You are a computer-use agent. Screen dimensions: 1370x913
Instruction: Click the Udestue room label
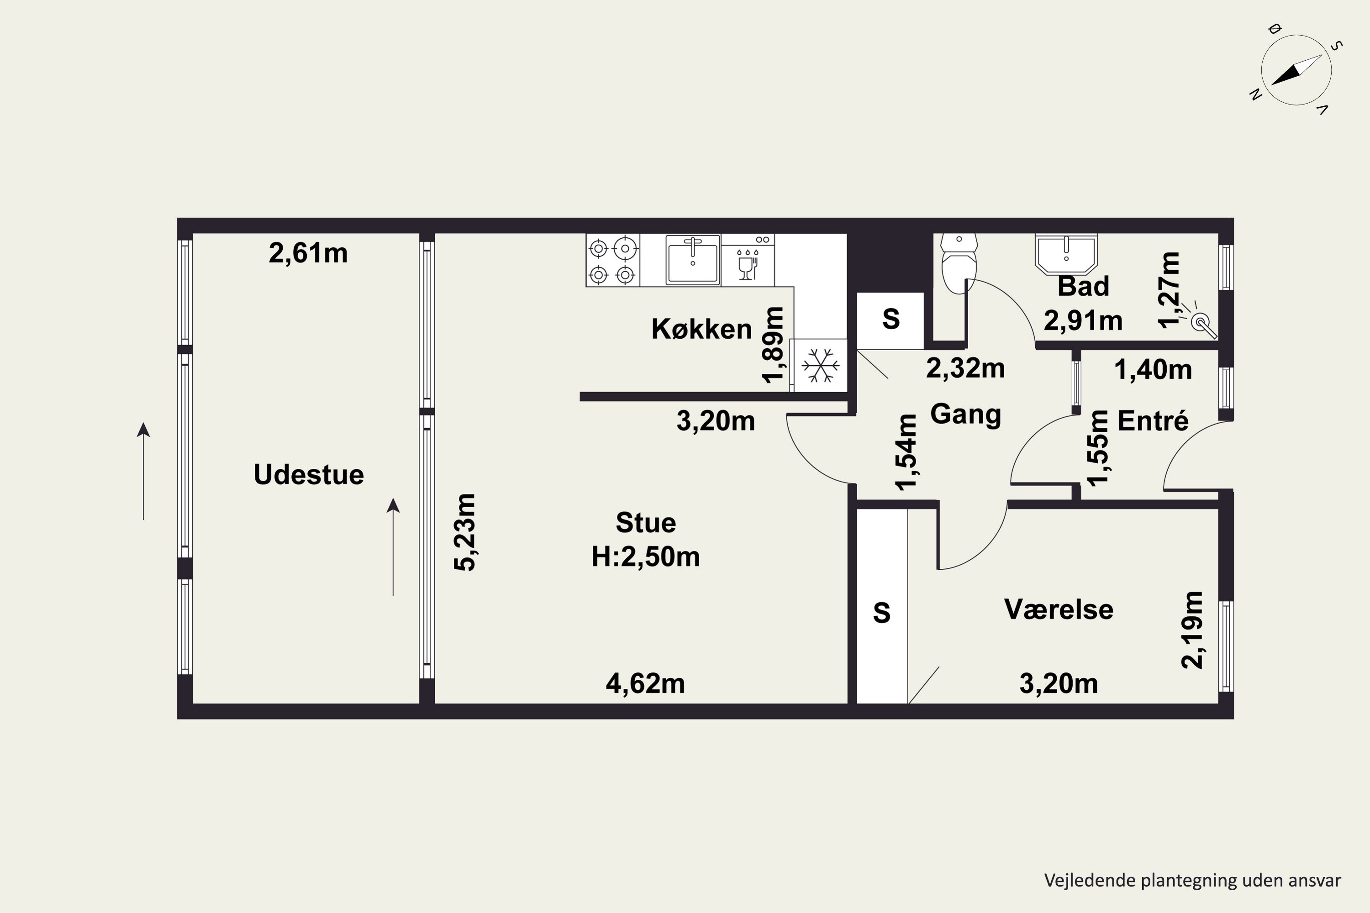(309, 475)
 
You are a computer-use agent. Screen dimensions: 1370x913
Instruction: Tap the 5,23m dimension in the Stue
(465, 532)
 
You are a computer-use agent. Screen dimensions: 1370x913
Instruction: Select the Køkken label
(701, 329)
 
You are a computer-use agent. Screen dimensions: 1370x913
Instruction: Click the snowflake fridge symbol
(820, 366)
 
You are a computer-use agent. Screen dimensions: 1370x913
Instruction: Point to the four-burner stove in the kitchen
(613, 260)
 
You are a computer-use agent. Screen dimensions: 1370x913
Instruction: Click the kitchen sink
(693, 260)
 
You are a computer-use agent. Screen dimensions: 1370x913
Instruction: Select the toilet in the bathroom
(959, 263)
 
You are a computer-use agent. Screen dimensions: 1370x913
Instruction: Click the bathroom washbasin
(1066, 254)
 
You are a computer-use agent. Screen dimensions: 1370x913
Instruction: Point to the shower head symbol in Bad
(1202, 323)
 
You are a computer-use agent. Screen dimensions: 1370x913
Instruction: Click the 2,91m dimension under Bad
(1083, 320)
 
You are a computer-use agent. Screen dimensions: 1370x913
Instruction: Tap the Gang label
(966, 415)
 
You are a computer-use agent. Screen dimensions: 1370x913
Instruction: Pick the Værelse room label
(1059, 609)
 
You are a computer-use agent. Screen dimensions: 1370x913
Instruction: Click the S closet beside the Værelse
(882, 606)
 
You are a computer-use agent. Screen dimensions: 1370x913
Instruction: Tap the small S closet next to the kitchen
(890, 321)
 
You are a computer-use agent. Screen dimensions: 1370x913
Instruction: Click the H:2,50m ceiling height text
(645, 556)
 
